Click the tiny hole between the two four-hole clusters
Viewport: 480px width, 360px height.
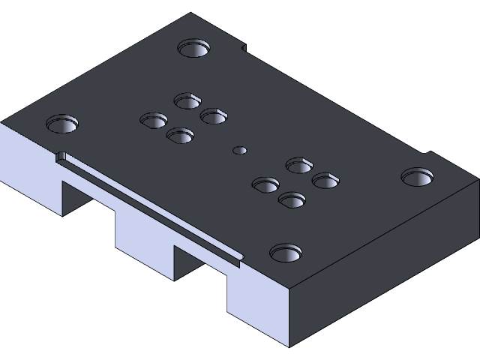click(240, 150)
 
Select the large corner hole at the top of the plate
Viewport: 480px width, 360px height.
click(193, 49)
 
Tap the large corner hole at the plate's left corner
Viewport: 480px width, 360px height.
click(62, 124)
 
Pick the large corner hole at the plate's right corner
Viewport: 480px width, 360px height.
click(417, 178)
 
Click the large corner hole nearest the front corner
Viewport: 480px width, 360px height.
click(286, 253)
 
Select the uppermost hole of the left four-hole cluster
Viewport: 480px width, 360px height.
click(187, 100)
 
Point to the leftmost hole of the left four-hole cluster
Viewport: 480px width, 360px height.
click(154, 121)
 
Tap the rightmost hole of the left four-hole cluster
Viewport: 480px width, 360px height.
click(214, 116)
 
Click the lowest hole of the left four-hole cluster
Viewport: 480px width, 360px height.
click(180, 136)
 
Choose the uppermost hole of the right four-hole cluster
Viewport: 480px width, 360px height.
click(299, 165)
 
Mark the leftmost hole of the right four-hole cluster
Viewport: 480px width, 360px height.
click(265, 184)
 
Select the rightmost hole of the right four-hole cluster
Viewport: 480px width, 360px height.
click(325, 180)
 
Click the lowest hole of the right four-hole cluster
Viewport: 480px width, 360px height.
click(292, 200)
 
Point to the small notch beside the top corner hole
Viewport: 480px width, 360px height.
click(244, 49)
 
